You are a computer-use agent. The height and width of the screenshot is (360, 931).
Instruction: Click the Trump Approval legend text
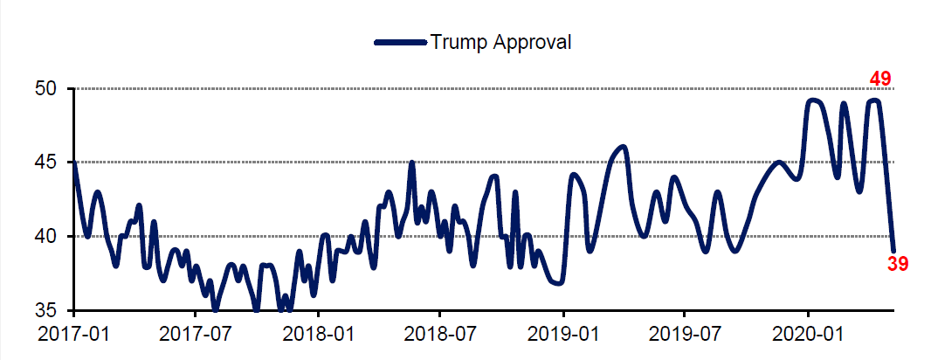click(500, 41)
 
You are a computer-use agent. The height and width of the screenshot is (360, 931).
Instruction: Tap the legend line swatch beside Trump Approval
click(400, 41)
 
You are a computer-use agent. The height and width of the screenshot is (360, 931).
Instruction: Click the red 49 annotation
click(879, 80)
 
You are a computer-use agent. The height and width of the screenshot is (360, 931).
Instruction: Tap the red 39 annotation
click(898, 263)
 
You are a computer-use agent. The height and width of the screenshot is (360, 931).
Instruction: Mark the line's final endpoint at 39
click(893, 251)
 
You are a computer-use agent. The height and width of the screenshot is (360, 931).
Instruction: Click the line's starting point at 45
click(74, 163)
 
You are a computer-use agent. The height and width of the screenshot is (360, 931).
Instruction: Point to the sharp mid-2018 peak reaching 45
click(411, 163)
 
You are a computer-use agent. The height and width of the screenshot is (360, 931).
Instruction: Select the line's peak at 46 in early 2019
click(623, 147)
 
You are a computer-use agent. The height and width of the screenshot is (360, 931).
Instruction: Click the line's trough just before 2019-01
click(559, 283)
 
